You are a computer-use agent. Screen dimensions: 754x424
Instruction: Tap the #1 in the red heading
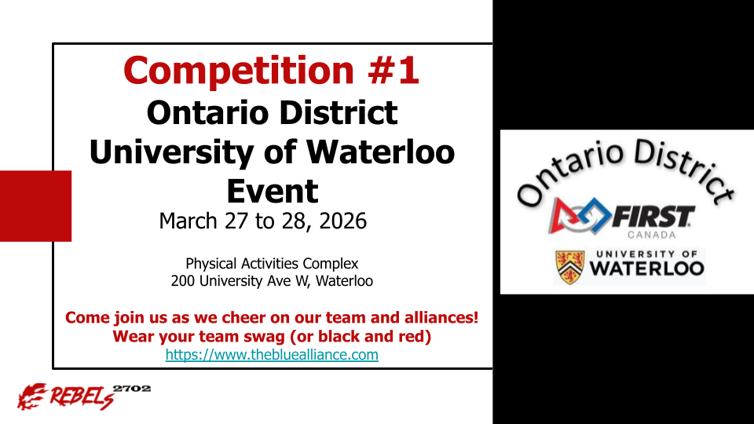tap(393, 70)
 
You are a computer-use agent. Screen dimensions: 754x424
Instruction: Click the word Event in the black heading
tap(273, 191)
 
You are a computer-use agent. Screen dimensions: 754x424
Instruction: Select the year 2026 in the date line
tap(342, 221)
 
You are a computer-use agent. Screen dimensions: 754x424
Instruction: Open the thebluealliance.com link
tap(272, 355)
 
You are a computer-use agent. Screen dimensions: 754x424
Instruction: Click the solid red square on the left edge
tap(35, 206)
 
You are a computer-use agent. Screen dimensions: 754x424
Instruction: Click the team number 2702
tap(132, 389)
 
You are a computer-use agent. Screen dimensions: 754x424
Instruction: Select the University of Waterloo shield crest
tap(570, 267)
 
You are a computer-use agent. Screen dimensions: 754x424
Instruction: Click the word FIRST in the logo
tap(653, 216)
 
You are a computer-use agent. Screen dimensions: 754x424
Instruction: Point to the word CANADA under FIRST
tap(652, 235)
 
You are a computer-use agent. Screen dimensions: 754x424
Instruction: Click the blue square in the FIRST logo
tap(594, 215)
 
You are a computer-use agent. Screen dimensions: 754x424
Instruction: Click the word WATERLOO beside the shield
tap(647, 269)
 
